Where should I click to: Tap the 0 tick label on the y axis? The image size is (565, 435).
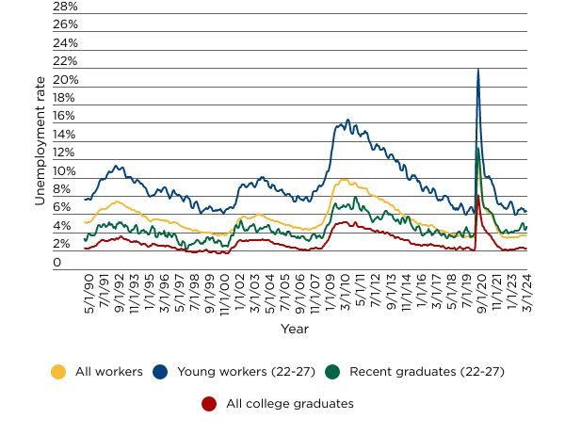[x=57, y=263]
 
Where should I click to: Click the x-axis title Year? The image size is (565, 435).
[x=294, y=330]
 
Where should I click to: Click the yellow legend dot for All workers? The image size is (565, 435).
[x=58, y=372]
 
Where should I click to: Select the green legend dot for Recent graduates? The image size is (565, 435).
[x=332, y=372]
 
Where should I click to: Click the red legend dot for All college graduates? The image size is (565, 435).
[x=209, y=404]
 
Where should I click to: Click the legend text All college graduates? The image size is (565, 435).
[x=289, y=404]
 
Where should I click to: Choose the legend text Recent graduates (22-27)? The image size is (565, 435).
[x=427, y=372]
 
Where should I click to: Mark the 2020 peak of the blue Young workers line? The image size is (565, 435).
[x=478, y=69]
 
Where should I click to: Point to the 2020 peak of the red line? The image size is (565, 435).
[x=478, y=196]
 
